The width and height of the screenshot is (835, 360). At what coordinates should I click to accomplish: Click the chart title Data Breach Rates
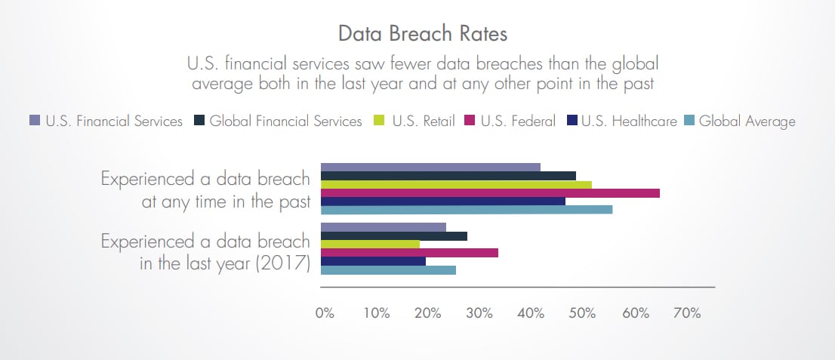click(x=417, y=34)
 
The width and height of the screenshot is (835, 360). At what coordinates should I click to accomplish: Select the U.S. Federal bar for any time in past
click(x=490, y=193)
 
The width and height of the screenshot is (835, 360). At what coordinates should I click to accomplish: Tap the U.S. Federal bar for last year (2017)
click(x=410, y=253)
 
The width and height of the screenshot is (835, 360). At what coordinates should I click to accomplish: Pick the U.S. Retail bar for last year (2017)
click(x=370, y=244)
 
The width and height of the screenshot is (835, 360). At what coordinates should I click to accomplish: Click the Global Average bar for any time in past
click(x=467, y=210)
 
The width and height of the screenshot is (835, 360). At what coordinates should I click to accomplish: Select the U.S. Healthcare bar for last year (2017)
click(x=373, y=261)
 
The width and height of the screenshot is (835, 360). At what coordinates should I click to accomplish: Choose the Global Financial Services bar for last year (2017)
click(x=394, y=236)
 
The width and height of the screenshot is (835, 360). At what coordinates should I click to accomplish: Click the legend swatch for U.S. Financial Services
click(x=34, y=121)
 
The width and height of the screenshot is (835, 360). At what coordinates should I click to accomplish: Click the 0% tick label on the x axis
click(x=325, y=313)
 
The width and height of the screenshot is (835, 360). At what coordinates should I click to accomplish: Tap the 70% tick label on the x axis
click(x=687, y=313)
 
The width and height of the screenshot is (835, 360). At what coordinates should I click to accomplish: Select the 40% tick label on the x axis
click(x=532, y=313)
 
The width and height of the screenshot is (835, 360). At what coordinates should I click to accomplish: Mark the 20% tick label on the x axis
click(x=428, y=313)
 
